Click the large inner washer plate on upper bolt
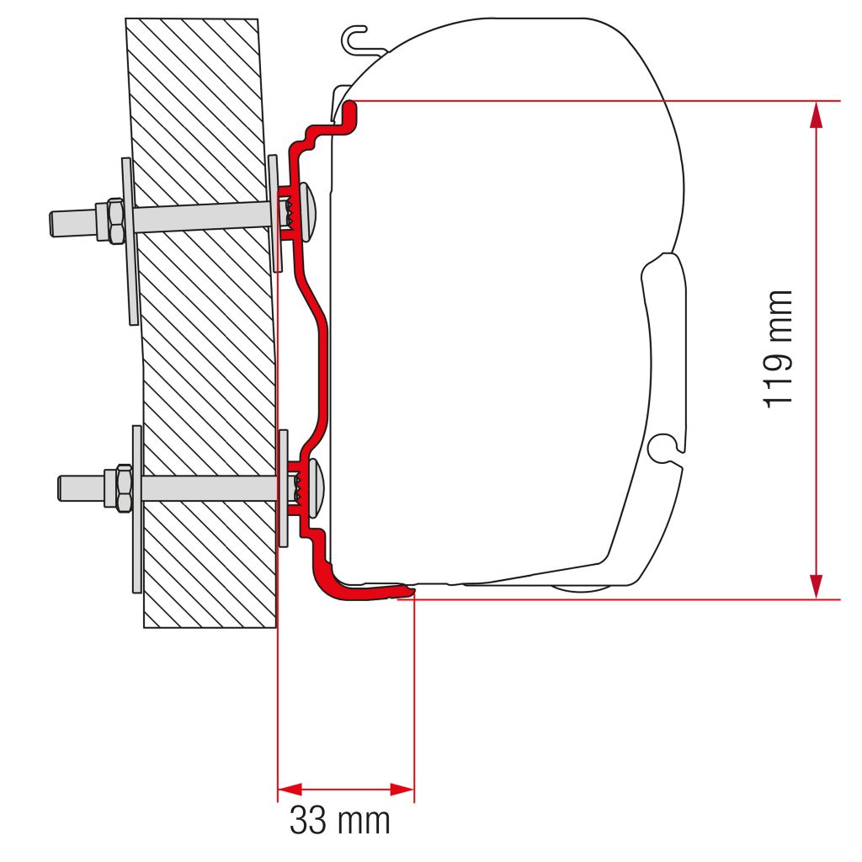tap(128, 242)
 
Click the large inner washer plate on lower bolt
tap(136, 508)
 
